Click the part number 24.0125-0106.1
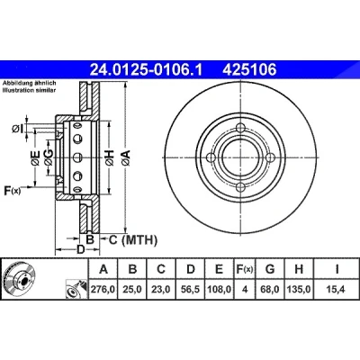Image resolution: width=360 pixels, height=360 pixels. click(x=147, y=70)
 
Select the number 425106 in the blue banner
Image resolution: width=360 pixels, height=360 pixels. click(x=249, y=70)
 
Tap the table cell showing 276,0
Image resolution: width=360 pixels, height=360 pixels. click(x=103, y=290)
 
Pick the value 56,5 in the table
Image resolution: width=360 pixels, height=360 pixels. click(x=191, y=290)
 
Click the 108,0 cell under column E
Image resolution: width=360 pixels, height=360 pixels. click(x=220, y=290)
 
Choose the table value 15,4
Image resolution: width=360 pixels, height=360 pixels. click(x=337, y=290)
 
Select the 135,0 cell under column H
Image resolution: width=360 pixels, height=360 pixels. click(x=299, y=290)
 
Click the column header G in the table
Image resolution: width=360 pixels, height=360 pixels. click(x=270, y=269)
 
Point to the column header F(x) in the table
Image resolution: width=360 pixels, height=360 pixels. click(x=245, y=269)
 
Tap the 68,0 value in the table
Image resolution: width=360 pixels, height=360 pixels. click(x=270, y=290)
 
